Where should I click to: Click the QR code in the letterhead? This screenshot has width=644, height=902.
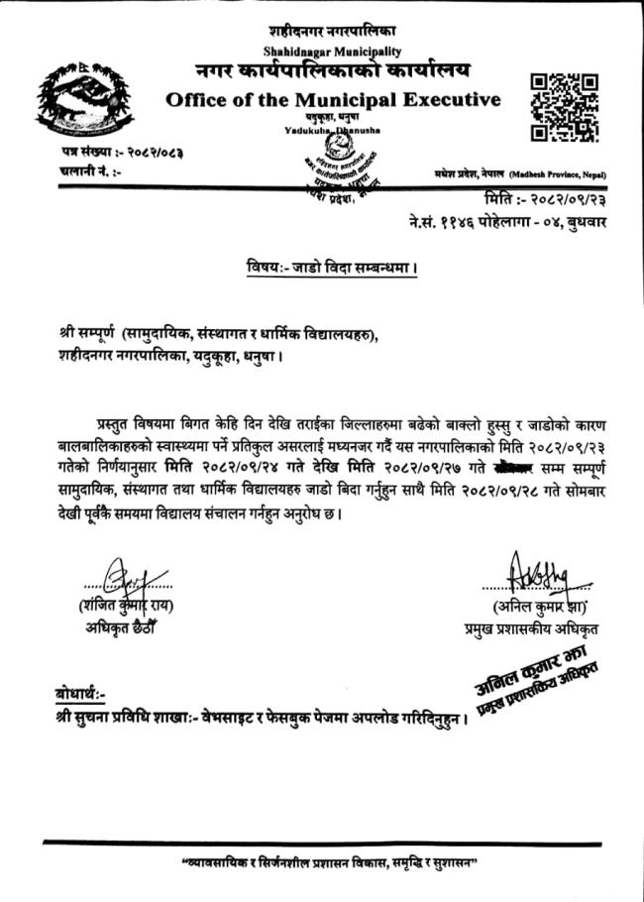[x=564, y=106]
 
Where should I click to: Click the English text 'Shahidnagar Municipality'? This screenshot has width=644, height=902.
[x=333, y=50]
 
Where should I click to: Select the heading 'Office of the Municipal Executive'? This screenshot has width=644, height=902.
[x=333, y=99]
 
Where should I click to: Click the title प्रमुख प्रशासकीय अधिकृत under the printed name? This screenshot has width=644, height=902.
[x=530, y=628]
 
